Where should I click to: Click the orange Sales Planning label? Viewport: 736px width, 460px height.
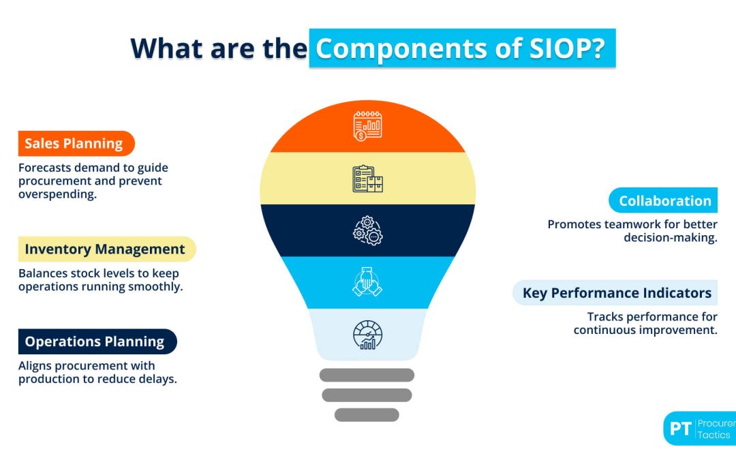[x=75, y=144]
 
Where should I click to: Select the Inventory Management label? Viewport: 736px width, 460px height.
[x=106, y=249]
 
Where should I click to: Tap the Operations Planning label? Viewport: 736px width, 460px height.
[x=96, y=341]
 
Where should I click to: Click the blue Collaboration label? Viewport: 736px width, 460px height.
[x=664, y=201]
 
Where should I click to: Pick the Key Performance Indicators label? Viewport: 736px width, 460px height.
[x=616, y=293]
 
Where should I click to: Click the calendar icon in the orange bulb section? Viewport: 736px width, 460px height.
[x=368, y=126]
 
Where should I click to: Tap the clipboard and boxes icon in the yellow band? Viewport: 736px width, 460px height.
[x=368, y=179]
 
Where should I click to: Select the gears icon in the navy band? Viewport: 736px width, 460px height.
[x=368, y=230]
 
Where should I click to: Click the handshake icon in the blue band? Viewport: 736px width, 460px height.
[x=368, y=282]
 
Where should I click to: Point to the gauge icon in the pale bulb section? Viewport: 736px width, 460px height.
[x=368, y=335]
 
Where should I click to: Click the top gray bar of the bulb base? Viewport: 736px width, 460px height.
[x=367, y=375]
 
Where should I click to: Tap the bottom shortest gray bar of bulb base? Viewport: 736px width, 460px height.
[x=367, y=414]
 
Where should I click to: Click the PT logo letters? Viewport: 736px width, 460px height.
[x=680, y=429]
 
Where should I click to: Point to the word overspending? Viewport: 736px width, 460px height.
[x=57, y=194]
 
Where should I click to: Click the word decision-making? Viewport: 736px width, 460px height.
[x=671, y=238]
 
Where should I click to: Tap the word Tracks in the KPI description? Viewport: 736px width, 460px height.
[x=606, y=317]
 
